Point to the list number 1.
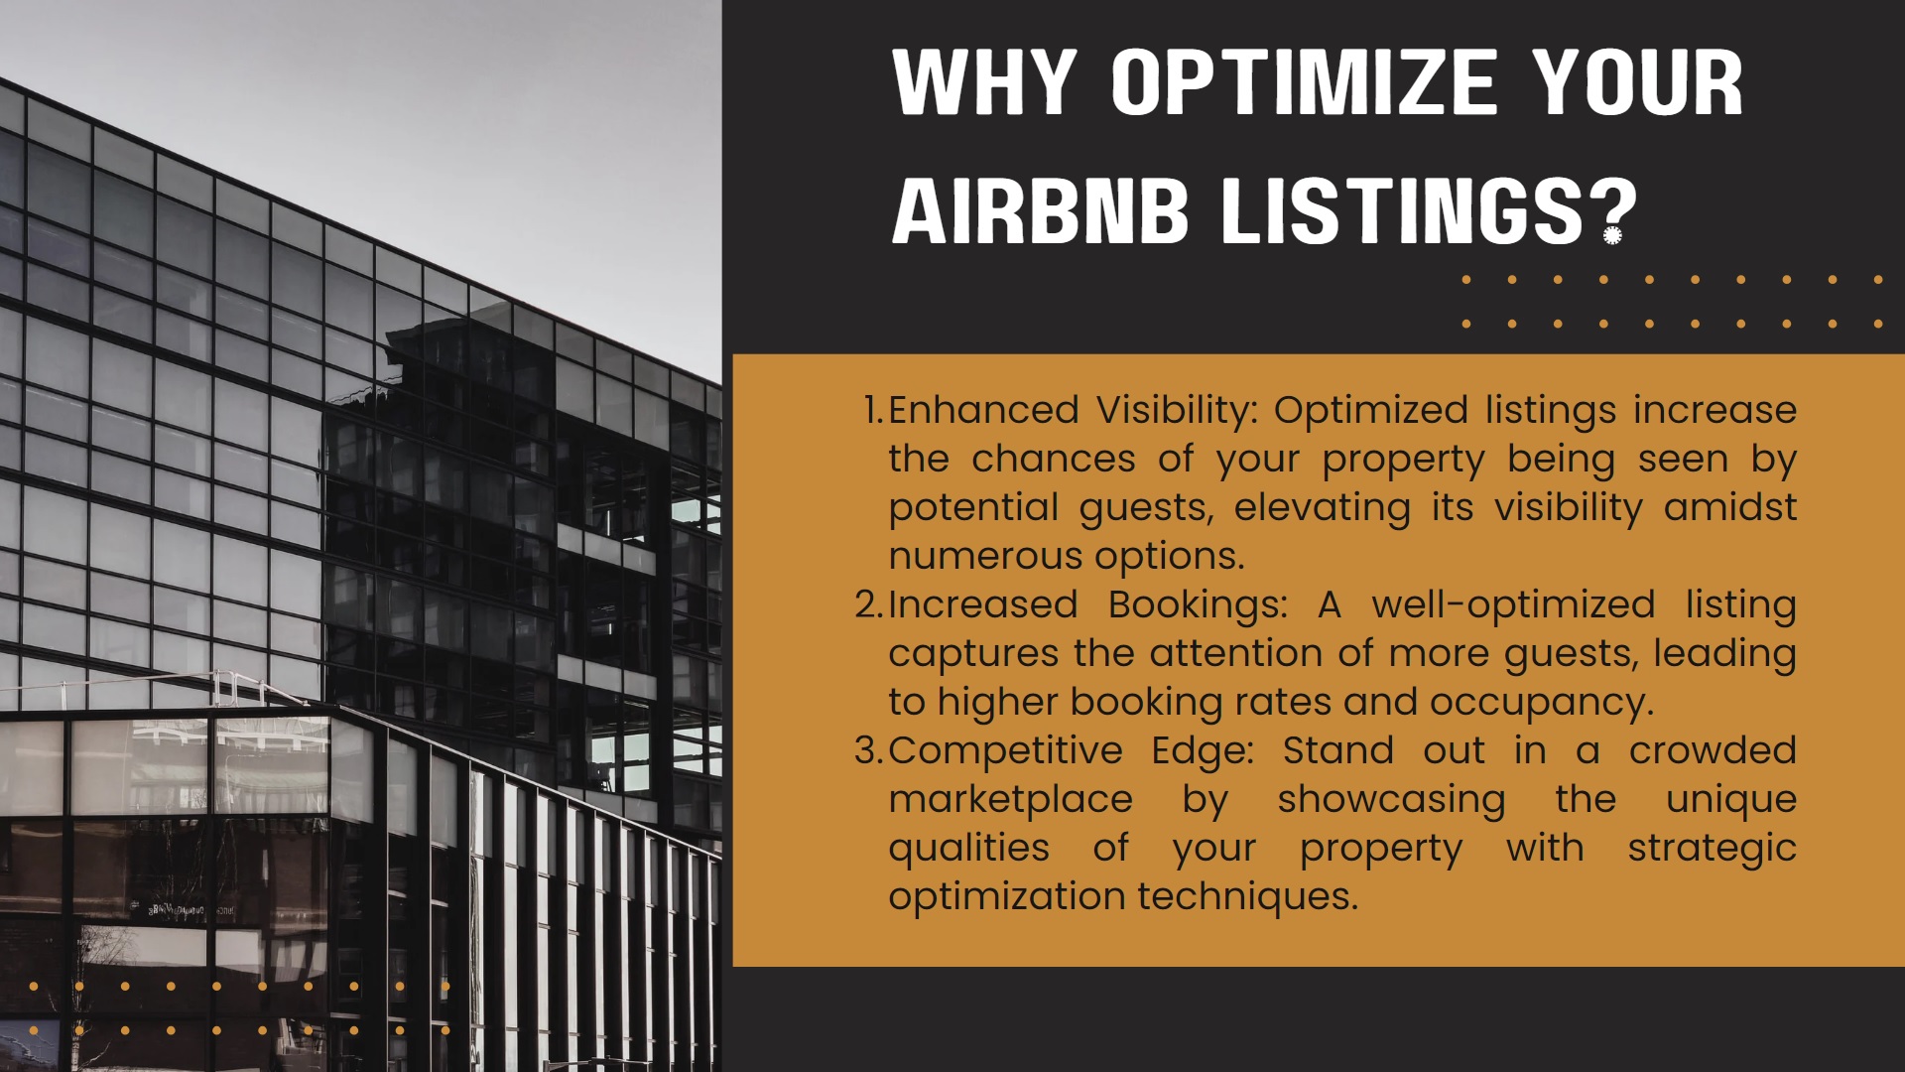[x=873, y=410]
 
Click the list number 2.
[x=869, y=604]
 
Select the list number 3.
[x=869, y=750]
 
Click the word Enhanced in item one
[x=983, y=410]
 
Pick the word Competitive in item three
[x=1005, y=751]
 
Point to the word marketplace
[x=1010, y=800]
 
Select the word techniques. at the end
[x=1248, y=897]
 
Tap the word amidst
[x=1730, y=507]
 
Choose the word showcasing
[x=1391, y=800]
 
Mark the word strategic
[x=1713, y=849]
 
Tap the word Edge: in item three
[x=1203, y=751]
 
